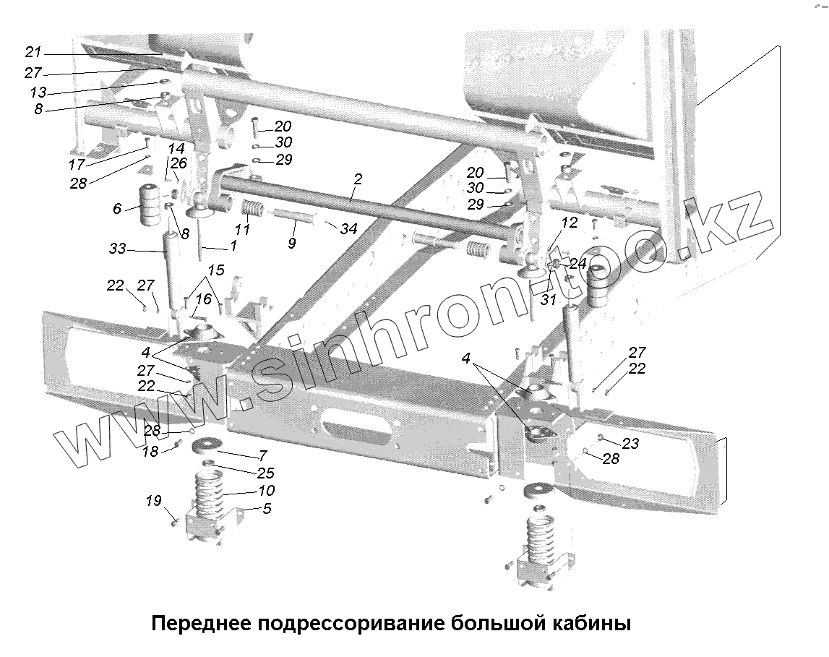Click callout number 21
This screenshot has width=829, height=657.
(x=34, y=52)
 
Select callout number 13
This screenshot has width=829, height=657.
(x=38, y=92)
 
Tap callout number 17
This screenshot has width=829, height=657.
(x=77, y=165)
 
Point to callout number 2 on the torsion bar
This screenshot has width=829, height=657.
(x=358, y=179)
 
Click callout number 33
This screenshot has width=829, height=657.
(x=117, y=249)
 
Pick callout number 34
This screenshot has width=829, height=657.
(x=349, y=229)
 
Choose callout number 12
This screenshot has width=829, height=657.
(x=570, y=223)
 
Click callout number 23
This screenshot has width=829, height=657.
(x=631, y=444)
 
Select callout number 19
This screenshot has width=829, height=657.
(x=155, y=500)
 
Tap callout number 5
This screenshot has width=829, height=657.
(x=266, y=508)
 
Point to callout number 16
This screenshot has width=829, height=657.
(x=203, y=299)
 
